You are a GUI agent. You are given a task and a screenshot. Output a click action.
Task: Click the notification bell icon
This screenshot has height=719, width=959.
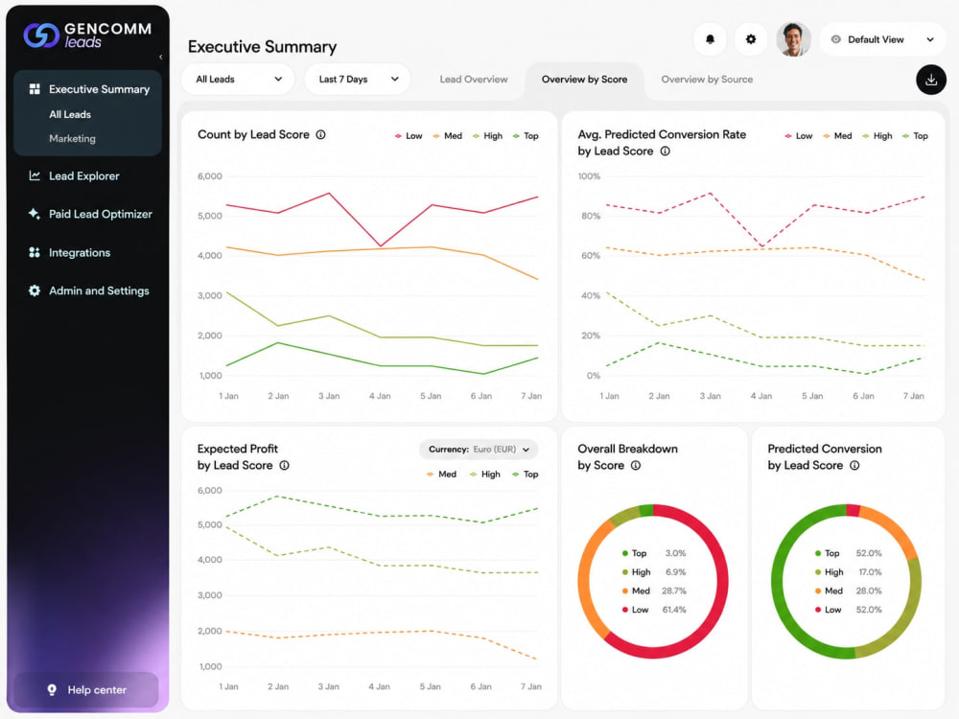pyautogui.click(x=710, y=39)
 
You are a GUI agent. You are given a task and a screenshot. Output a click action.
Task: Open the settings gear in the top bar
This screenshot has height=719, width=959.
pyautogui.click(x=751, y=39)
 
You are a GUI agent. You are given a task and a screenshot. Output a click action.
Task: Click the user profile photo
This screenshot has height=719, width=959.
pyautogui.click(x=793, y=39)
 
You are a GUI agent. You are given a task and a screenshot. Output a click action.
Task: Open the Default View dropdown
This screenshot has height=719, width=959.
pyautogui.click(x=882, y=39)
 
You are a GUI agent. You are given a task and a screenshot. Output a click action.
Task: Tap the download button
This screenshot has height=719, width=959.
pyautogui.click(x=931, y=80)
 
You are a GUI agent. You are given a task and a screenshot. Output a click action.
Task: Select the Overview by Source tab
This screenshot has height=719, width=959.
pyautogui.click(x=707, y=80)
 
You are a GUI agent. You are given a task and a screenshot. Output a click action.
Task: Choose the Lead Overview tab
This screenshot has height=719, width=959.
pyautogui.click(x=474, y=80)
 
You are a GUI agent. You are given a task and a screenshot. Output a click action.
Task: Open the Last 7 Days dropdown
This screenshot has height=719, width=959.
pyautogui.click(x=357, y=80)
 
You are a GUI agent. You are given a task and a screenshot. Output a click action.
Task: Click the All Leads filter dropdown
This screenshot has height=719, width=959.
pyautogui.click(x=238, y=80)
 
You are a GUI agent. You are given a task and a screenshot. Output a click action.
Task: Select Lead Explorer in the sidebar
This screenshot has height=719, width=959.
pyautogui.click(x=83, y=176)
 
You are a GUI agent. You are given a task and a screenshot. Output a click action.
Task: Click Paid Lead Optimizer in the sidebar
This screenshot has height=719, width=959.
pyautogui.click(x=101, y=214)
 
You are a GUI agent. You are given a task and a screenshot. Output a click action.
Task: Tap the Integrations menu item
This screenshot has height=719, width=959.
pyautogui.click(x=80, y=252)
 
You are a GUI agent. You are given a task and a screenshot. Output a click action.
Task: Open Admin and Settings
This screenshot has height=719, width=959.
pyautogui.click(x=99, y=290)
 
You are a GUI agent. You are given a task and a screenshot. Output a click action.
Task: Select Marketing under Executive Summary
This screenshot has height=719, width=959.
pyautogui.click(x=72, y=139)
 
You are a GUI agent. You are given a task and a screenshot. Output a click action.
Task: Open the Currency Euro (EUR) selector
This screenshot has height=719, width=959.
pyautogui.click(x=479, y=450)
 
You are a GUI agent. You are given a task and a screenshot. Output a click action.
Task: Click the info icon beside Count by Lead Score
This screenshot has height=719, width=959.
pyautogui.click(x=320, y=134)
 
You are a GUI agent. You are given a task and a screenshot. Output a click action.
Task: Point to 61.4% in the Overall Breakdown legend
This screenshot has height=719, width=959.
pyautogui.click(x=674, y=610)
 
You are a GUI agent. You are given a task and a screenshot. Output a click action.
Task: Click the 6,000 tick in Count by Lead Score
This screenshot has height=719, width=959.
pyautogui.click(x=210, y=176)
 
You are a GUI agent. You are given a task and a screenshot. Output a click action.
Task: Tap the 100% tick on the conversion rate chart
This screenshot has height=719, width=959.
pyautogui.click(x=589, y=176)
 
